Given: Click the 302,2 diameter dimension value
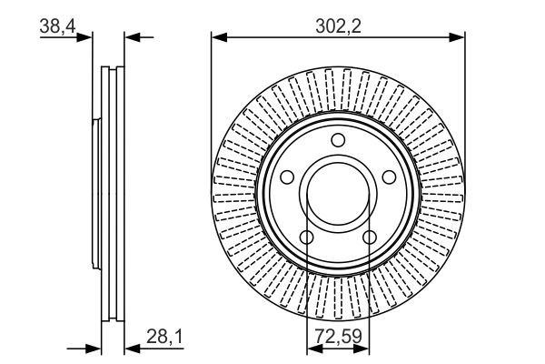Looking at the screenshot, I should point(338,25).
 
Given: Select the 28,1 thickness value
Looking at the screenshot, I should point(166,337).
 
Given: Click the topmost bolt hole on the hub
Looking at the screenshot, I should point(338,139).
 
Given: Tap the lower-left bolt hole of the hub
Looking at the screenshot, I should point(306,238).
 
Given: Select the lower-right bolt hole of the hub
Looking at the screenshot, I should point(370,238).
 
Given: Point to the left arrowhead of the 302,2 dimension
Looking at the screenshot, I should point(218,37).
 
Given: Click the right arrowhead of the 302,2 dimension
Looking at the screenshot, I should point(458,37).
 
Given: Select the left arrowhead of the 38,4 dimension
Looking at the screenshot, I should point(87,37).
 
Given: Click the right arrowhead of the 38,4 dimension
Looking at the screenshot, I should point(130,37).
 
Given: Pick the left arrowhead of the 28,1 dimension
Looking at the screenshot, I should point(94,348).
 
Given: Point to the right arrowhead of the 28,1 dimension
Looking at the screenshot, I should point(129,348).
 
